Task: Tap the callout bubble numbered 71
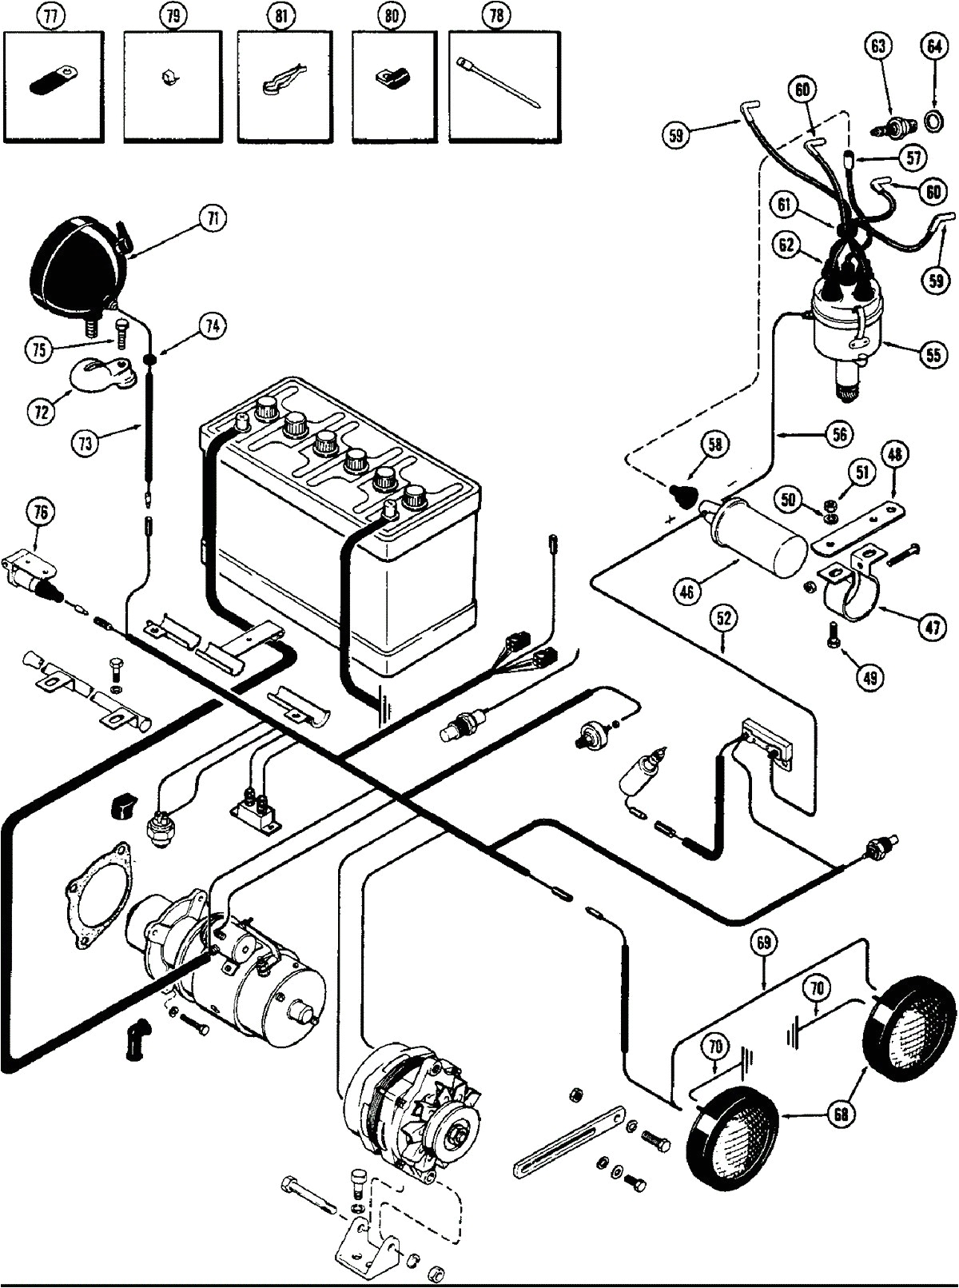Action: pos(212,219)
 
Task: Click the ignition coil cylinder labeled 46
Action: pos(759,535)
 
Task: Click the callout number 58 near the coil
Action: pos(714,445)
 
